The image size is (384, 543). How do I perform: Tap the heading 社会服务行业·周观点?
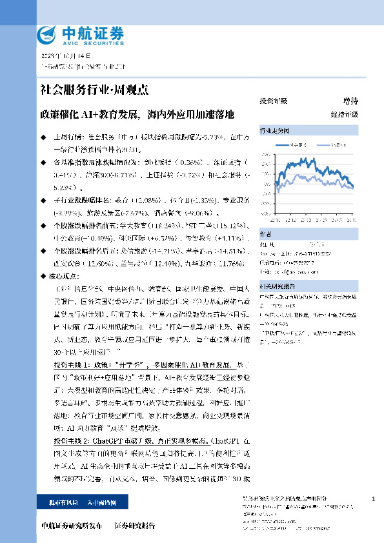(86, 90)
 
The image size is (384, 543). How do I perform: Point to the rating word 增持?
(350, 101)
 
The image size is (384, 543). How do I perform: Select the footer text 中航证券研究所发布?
(72, 526)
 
